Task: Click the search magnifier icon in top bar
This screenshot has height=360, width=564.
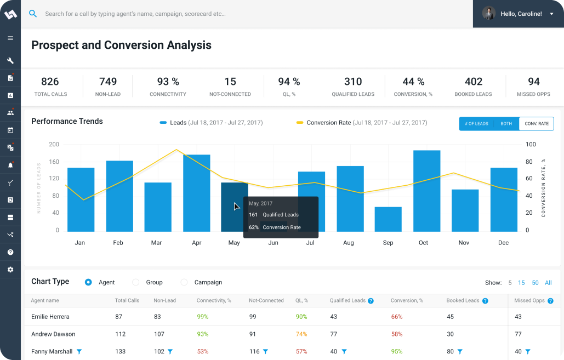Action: point(33,14)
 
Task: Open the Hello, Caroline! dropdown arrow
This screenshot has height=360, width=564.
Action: point(551,14)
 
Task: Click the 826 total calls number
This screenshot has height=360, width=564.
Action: point(50,82)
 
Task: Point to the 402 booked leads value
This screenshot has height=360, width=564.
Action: point(473,82)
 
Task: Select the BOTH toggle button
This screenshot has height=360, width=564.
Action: point(506,124)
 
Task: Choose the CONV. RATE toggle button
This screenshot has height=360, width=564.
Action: point(536,124)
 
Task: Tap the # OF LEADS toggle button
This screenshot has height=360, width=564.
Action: point(476,124)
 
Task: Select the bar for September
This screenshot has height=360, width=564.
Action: point(388,219)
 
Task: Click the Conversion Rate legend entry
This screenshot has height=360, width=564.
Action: point(328,123)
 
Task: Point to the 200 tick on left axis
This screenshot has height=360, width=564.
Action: point(54,145)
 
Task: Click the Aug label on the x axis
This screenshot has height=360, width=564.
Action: point(349,243)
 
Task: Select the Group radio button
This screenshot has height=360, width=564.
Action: point(136,282)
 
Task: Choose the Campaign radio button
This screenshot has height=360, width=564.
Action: point(184,282)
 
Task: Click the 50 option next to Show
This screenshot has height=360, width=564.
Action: point(535,283)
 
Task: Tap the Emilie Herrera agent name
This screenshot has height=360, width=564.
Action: point(50,317)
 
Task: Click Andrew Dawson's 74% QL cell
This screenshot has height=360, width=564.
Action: point(301,334)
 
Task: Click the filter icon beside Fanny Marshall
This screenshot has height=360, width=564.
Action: point(79,352)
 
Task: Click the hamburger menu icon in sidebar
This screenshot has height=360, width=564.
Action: point(10,38)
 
